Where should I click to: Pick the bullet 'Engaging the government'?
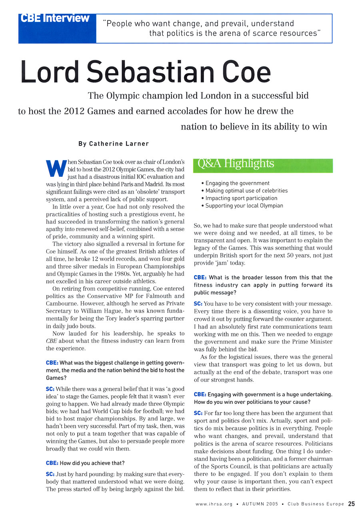pyautogui.click(x=237, y=183)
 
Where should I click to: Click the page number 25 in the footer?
pyautogui.click(x=351, y=504)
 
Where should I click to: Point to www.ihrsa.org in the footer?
pyautogui.click(x=214, y=504)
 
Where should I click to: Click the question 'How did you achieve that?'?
pyautogui.click(x=92, y=463)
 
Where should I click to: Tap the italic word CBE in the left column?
pyautogui.click(x=52, y=341)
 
